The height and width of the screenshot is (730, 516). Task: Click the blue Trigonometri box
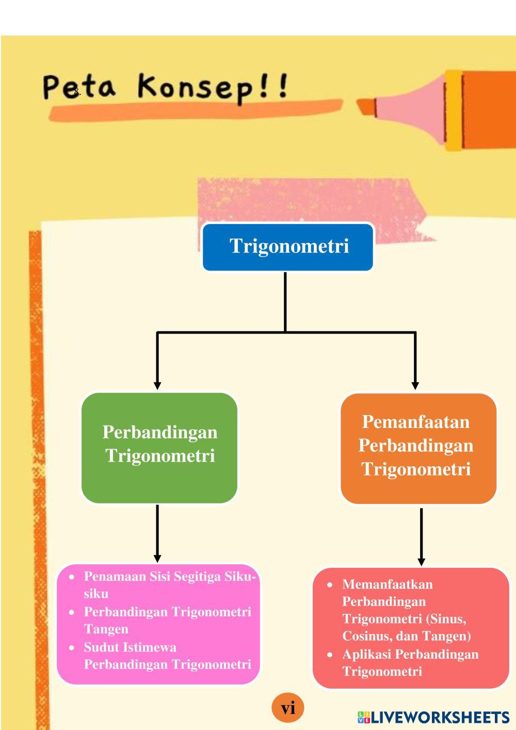click(x=287, y=247)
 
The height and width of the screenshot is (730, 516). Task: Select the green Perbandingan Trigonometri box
click(x=159, y=448)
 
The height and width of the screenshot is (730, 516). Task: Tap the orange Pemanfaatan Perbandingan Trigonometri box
click(x=418, y=449)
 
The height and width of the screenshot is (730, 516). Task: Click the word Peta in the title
click(x=79, y=87)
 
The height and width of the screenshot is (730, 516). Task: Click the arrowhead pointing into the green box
click(x=157, y=385)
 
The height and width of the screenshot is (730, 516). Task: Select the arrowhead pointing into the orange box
click(x=415, y=385)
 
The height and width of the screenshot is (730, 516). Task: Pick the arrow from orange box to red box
click(x=421, y=537)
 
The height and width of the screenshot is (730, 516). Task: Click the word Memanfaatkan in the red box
click(x=388, y=584)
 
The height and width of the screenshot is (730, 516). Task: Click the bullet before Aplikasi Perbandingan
click(x=329, y=655)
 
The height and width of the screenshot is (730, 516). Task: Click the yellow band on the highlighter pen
click(x=454, y=110)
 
